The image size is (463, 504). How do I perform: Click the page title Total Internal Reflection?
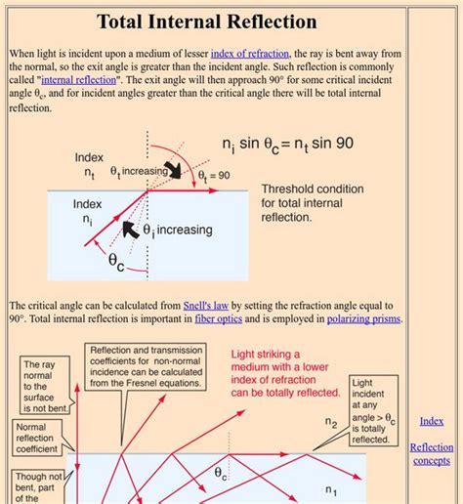(x=207, y=21)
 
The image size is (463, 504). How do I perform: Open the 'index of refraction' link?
(x=250, y=53)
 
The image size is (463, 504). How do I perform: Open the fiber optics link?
(x=218, y=318)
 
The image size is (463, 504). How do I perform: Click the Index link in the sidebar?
(x=432, y=421)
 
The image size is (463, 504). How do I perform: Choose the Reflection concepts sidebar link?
(x=432, y=453)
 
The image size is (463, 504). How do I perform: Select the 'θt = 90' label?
(x=214, y=176)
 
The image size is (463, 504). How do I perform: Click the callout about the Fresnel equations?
(x=147, y=366)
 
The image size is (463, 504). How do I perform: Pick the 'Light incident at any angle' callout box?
(x=374, y=411)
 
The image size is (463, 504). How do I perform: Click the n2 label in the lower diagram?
(x=331, y=423)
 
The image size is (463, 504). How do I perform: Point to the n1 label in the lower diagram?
(x=331, y=489)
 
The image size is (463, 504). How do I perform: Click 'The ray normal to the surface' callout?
(x=44, y=387)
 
